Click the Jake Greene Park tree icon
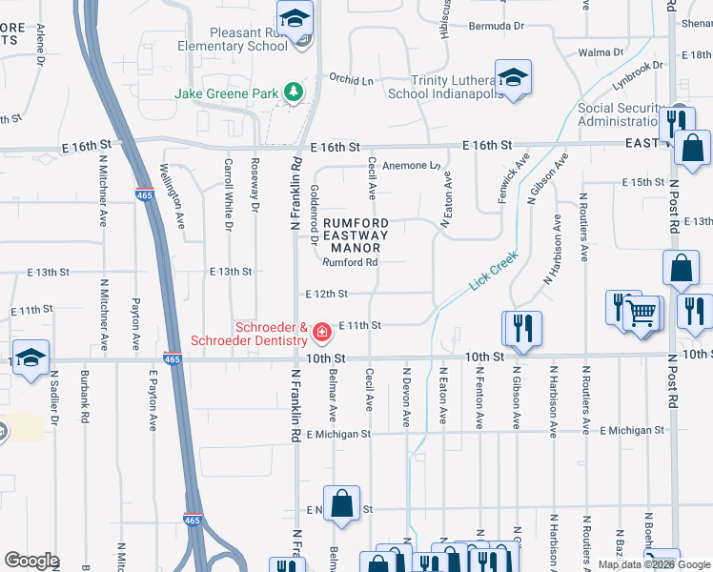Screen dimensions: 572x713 coord(295,92)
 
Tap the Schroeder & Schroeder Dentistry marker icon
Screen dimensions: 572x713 coord(322,332)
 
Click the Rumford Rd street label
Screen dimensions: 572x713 coord(350,262)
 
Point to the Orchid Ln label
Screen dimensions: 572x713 coord(351,79)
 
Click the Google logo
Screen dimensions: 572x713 coord(31,561)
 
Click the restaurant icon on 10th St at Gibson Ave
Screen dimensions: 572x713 coord(522,327)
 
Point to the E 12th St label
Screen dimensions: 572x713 coord(326,295)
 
